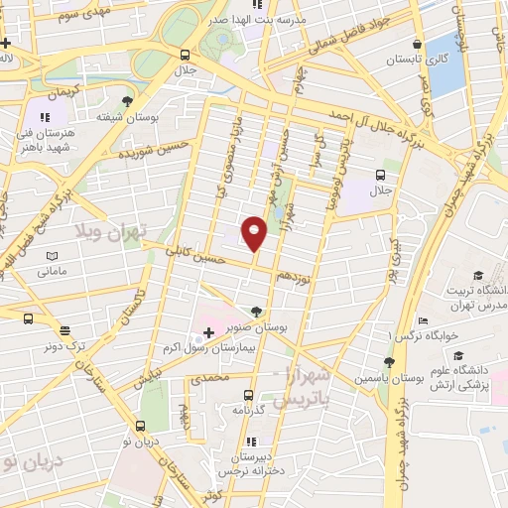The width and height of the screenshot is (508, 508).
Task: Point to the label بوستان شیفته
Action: pyautogui.click(x=126, y=115)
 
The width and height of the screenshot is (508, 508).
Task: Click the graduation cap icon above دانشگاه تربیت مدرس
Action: pyautogui.click(x=477, y=275)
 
